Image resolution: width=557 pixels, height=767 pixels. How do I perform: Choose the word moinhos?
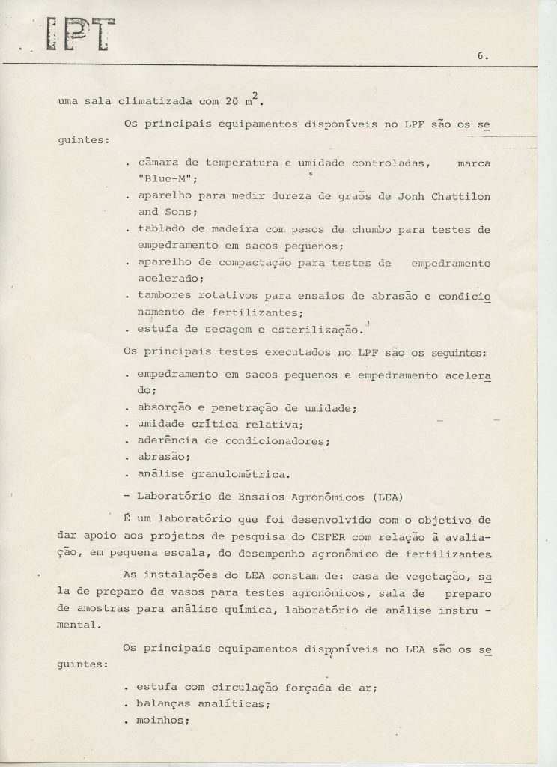[x=160, y=722]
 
